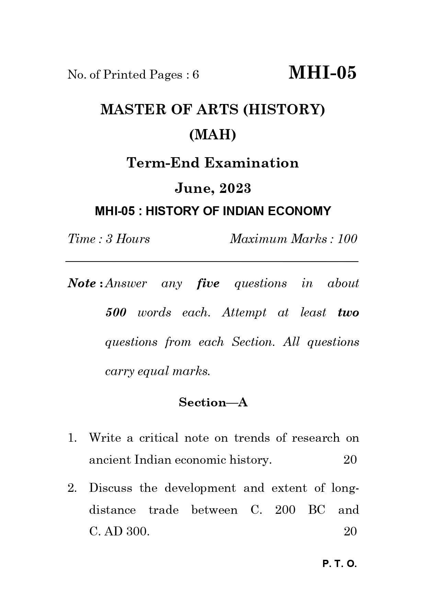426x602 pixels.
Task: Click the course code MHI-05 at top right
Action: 322,73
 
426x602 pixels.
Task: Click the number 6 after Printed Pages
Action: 196,74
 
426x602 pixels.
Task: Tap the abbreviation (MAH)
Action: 213,135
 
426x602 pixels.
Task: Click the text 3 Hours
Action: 128,239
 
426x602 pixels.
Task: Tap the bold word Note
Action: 82,283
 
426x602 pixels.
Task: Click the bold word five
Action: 208,283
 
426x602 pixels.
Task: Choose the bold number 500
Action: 116,313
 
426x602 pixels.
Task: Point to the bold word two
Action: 348,313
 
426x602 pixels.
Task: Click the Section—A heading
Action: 213,402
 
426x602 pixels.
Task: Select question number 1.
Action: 72,438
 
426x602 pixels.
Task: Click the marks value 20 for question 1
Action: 350,460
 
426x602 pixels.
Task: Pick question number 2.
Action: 72,488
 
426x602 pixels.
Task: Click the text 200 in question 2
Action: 285,510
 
